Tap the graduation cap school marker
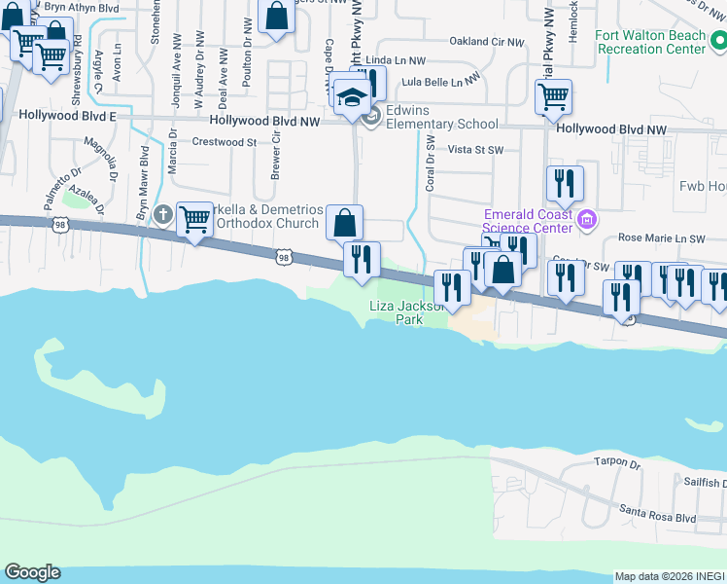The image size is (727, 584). coord(349,95)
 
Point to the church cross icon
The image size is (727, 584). coord(163,213)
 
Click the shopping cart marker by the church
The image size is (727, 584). coord(195,220)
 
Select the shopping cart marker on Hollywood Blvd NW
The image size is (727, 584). coord(552,96)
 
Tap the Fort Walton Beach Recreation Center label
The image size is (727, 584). coord(651,42)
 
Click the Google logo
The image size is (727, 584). coord(32,572)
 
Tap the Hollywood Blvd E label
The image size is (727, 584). coord(57,116)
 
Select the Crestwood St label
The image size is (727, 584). coord(224,142)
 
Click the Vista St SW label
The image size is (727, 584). coord(474,150)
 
